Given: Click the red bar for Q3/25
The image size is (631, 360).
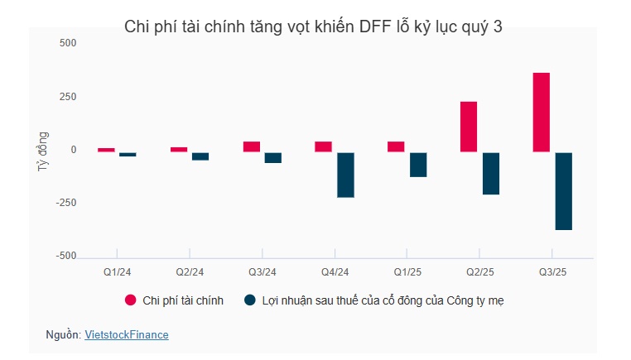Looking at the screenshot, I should coord(542,113).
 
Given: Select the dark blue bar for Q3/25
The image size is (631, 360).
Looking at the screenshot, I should coord(563,191).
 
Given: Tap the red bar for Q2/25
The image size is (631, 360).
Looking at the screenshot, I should coord(469,127).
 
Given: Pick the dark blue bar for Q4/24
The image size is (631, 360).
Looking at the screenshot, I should coord(345,175).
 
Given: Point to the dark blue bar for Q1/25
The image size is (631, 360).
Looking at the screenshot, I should coord(418,165).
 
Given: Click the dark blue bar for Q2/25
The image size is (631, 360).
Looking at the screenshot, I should coord(490,173).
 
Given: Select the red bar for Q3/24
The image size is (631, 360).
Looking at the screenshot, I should coord(252,146).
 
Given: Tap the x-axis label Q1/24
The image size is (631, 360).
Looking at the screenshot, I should coord(117,271).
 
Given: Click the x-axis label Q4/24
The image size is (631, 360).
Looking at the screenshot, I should coord(335,271).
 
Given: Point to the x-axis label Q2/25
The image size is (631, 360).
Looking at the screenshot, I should coord(479,271).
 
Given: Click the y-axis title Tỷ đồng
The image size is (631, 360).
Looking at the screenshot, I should coord(42,151).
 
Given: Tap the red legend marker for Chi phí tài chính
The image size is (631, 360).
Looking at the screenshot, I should coord(130,300).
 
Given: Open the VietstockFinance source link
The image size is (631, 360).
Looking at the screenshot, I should coord(127,335).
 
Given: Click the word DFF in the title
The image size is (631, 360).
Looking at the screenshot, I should coord(373,26).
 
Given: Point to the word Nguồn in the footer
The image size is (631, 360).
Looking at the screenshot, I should coord(63,335).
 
